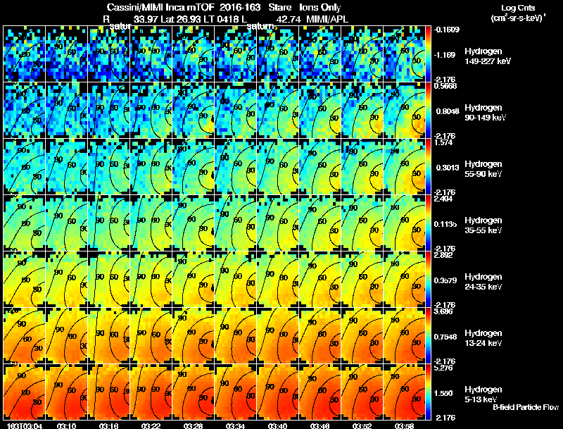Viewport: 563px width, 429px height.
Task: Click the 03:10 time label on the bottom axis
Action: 67,425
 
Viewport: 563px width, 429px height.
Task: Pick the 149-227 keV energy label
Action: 486,61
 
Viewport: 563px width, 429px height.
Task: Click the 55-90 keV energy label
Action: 484,174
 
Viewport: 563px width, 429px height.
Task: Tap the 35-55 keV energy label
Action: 484,230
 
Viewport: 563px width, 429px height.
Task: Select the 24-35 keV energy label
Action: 484,287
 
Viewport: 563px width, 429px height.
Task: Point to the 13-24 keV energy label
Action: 484,343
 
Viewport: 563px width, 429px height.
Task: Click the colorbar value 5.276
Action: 445,367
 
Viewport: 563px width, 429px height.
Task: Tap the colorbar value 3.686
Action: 445,311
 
